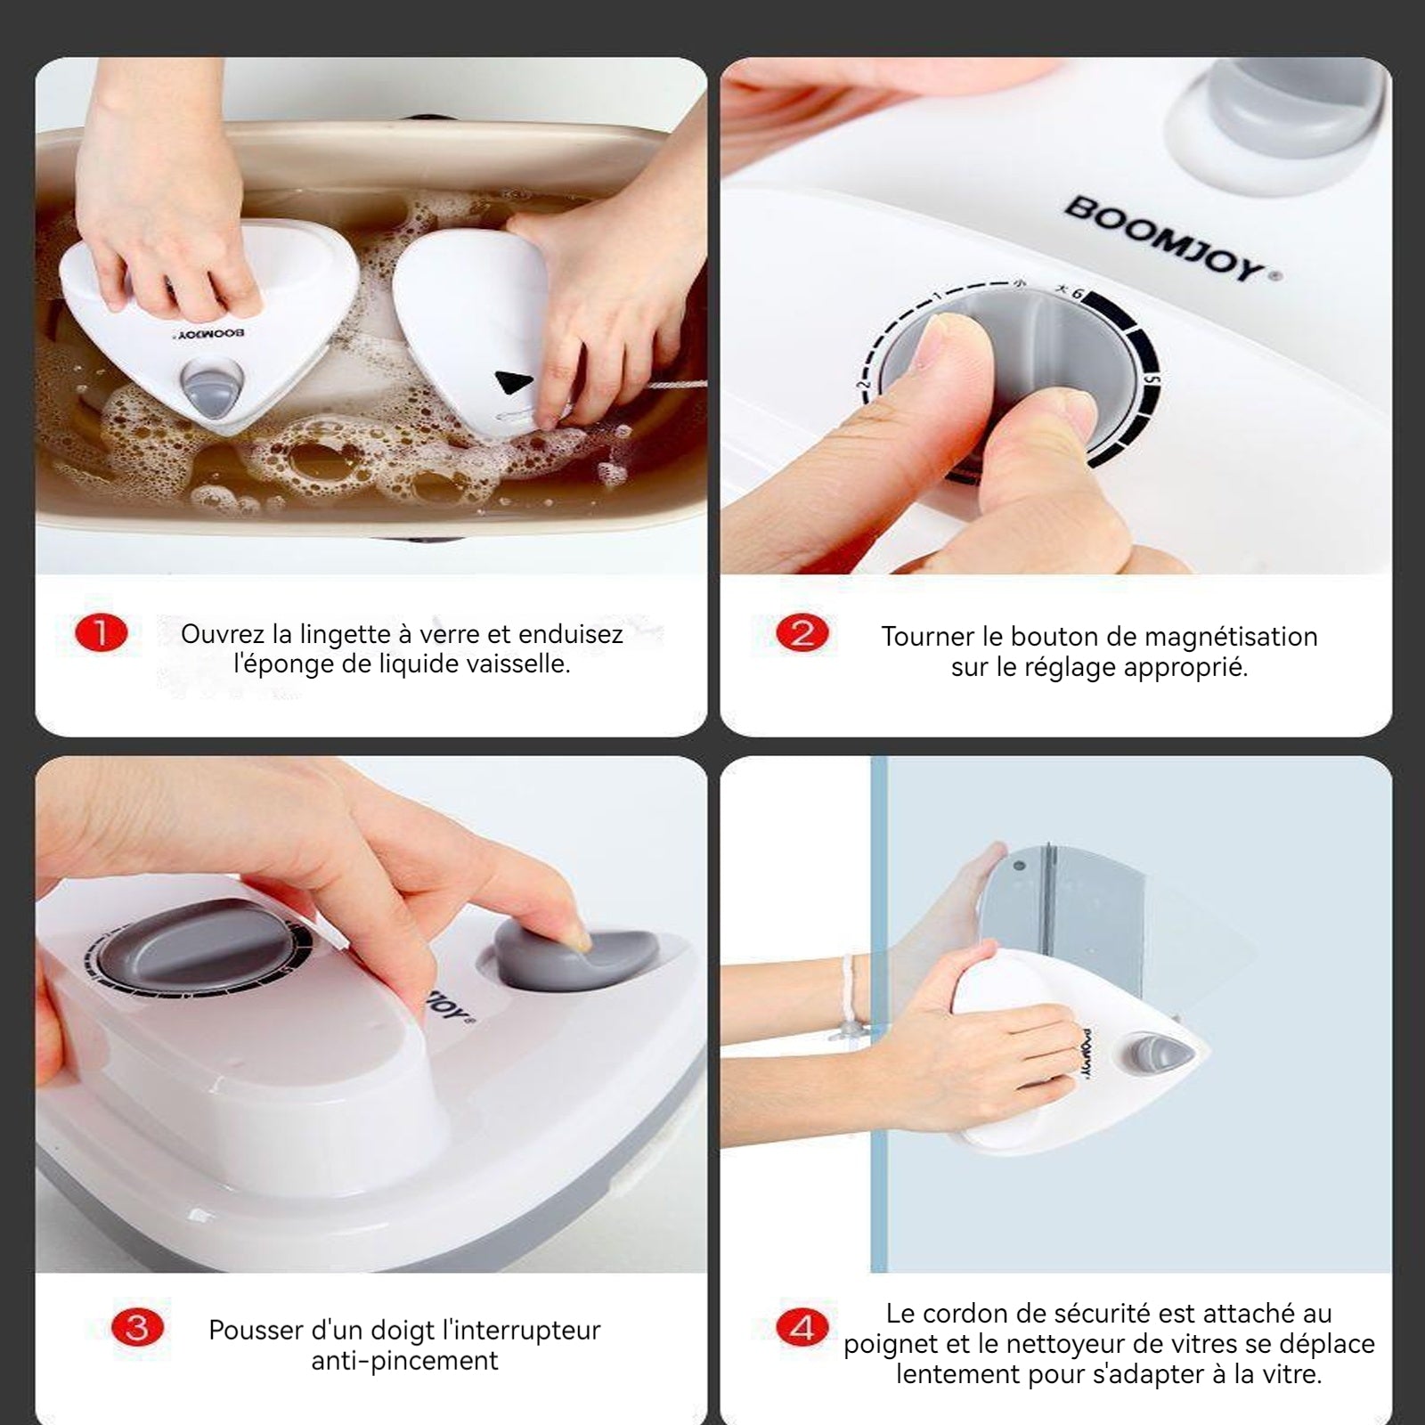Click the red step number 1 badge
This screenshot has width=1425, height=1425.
click(101, 633)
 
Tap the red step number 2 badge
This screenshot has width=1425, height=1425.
click(802, 633)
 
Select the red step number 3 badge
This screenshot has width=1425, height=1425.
click(137, 1328)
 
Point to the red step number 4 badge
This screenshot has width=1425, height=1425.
click(802, 1328)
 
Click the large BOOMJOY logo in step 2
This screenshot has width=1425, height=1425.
click(1172, 240)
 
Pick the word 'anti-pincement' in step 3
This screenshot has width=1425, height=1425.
click(404, 1361)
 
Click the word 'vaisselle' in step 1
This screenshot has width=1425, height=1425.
click(514, 664)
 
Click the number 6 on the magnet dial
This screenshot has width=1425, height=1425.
click(1077, 293)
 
